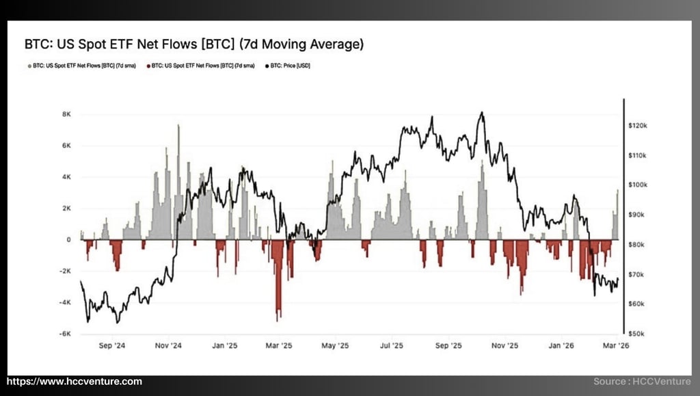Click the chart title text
coord(194,45)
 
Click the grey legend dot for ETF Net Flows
coord(28,66)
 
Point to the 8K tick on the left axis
coord(66,114)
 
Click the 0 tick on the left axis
coord(68,239)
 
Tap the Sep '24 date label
coord(109,346)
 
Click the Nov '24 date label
coord(167,346)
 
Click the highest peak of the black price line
coord(482,113)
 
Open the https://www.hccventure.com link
coord(75,382)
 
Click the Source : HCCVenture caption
coord(642,382)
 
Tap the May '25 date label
coord(335,346)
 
